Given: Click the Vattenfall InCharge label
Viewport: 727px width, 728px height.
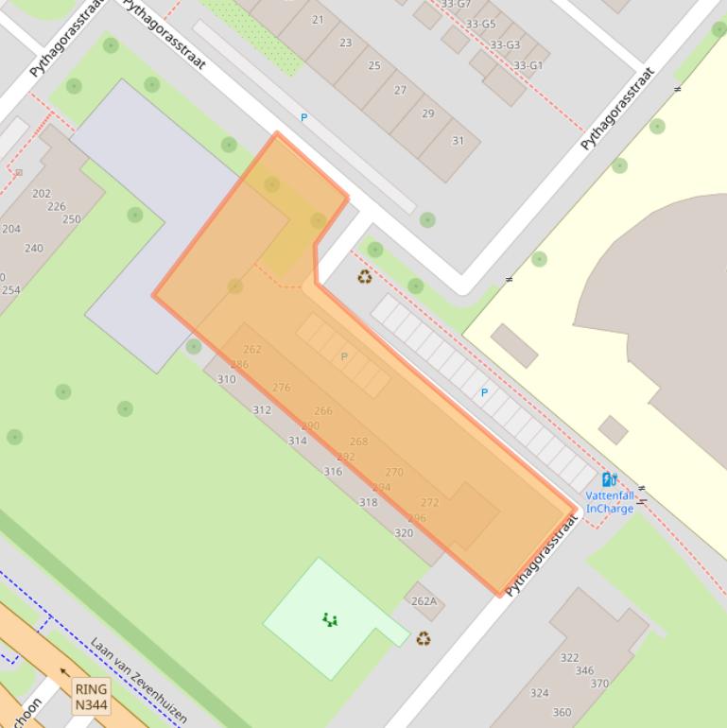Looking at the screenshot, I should coord(610,502).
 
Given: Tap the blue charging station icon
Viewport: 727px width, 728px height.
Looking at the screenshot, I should coord(610,479).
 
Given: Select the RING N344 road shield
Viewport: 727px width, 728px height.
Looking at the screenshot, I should coord(92,697).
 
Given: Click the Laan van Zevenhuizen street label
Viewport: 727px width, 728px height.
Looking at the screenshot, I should coord(139,680).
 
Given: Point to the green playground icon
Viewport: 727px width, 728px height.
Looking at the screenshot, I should coord(329,619).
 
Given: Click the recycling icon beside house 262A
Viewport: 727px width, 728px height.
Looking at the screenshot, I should coord(424,638).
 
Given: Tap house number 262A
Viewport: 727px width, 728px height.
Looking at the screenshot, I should coord(424,601).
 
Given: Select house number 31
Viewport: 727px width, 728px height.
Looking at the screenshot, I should coord(459,141).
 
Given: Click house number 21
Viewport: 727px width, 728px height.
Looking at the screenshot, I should coord(318,20).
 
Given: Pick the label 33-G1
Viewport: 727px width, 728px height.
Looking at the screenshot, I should coord(528,65).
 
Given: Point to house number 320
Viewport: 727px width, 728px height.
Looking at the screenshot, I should coord(404,533).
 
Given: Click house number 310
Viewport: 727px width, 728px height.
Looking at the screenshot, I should coord(227,379).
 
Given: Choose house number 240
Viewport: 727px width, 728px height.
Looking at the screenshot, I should coord(34,249).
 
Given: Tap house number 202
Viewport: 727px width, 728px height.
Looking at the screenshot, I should coord(42,194).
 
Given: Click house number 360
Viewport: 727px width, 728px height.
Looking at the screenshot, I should coord(562,713).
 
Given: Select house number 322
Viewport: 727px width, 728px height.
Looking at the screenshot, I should coord(569,658).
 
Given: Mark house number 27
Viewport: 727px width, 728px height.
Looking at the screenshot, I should coord(400,90).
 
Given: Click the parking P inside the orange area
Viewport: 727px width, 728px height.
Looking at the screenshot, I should coord(344,356).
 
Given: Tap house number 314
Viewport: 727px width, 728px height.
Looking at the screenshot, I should coord(298,441).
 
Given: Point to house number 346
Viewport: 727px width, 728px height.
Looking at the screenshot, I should coord(585,671).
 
